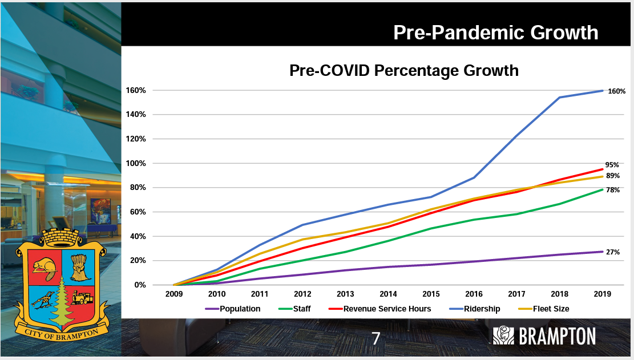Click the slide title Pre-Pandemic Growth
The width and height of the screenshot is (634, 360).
click(x=495, y=33)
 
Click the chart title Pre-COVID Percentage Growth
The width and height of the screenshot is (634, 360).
click(x=404, y=71)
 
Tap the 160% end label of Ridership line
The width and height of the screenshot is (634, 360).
click(x=616, y=91)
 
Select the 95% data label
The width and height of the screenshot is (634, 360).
click(x=612, y=164)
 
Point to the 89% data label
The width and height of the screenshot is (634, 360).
click(x=613, y=176)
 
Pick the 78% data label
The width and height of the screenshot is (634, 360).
click(x=613, y=190)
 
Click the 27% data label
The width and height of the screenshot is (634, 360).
click(x=613, y=252)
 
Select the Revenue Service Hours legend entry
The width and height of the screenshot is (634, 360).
click(x=386, y=309)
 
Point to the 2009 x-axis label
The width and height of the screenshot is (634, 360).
click(x=174, y=294)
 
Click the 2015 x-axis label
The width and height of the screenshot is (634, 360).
click(x=431, y=294)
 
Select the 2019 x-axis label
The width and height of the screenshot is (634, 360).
click(x=602, y=294)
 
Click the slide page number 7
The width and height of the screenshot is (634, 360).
click(x=375, y=338)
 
